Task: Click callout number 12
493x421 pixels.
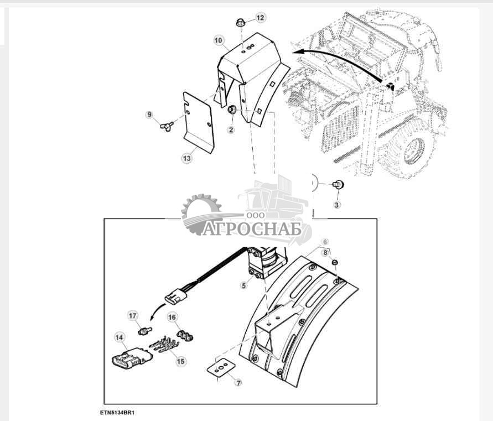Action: (x=261, y=18)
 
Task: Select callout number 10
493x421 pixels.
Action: (x=218, y=40)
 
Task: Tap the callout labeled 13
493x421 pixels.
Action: (x=187, y=158)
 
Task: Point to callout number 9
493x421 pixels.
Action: (x=149, y=115)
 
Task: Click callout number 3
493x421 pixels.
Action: (x=337, y=205)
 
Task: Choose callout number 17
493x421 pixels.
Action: (x=133, y=316)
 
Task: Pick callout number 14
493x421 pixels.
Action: (x=119, y=337)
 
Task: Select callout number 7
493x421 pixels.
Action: (x=238, y=383)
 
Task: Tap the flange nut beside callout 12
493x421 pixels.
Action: (x=241, y=23)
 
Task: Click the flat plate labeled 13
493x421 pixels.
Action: (x=199, y=123)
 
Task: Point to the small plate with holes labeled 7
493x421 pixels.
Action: (x=221, y=366)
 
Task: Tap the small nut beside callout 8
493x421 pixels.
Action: (x=335, y=262)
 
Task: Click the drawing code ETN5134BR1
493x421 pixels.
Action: (x=117, y=412)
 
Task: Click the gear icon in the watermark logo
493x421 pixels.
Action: (x=201, y=214)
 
